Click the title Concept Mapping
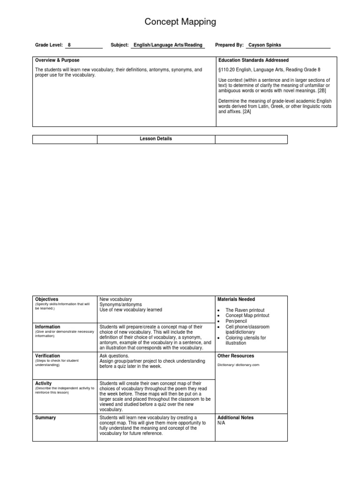(180, 22)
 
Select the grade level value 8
(69, 45)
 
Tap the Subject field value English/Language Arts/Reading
(168, 45)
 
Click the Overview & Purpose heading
(57, 61)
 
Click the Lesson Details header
(156, 139)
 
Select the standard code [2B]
(322, 91)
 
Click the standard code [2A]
(247, 112)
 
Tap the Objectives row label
(47, 299)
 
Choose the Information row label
(48, 327)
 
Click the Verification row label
(48, 356)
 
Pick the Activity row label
(44, 384)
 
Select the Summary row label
(46, 418)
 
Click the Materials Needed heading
(236, 299)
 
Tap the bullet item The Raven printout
(245, 310)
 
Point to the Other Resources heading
(236, 356)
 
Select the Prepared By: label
(229, 45)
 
